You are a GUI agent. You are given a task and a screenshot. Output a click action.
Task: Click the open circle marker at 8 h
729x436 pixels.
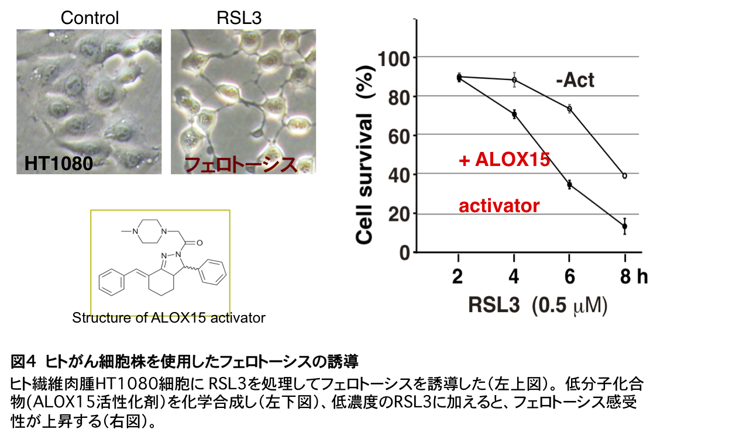coord(624,176)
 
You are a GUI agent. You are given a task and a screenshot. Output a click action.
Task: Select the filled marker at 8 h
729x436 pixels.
coord(624,226)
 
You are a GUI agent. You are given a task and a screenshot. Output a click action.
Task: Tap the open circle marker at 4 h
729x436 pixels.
coord(514,80)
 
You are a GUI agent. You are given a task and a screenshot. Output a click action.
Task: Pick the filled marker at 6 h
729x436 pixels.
coord(569,185)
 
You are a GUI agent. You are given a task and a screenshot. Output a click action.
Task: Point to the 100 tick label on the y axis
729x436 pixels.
coord(393,59)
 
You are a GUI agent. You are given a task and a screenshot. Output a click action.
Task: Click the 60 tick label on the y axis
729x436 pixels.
coord(398,137)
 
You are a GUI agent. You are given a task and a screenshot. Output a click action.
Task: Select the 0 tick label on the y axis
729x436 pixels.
coord(404,253)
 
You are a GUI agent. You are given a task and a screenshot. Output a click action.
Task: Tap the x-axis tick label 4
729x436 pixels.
coord(514,277)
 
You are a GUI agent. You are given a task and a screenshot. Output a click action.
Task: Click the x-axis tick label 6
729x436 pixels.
coord(569,277)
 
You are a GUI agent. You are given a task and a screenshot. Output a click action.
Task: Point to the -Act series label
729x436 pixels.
coord(575,80)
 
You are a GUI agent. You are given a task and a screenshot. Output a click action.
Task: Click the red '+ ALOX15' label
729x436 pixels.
coord(504,160)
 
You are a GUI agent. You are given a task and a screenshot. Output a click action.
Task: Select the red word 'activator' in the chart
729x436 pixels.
coord(499,206)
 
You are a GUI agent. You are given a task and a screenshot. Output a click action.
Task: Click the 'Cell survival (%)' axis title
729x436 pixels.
coord(364,155)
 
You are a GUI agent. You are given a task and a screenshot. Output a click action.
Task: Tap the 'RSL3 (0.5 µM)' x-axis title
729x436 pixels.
coord(538,306)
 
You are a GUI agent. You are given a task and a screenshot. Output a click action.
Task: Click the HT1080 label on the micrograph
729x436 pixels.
coord(59,164)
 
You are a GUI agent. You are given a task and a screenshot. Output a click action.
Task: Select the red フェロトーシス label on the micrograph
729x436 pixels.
coord(241,164)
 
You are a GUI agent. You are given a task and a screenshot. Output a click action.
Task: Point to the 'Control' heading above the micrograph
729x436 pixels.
coord(90,18)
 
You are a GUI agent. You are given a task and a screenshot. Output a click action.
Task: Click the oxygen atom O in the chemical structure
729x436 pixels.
coord(200,243)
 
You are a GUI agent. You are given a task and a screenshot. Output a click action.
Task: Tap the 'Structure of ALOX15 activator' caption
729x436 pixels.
coord(169,318)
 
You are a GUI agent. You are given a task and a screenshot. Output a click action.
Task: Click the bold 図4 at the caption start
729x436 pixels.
coord(22,362)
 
